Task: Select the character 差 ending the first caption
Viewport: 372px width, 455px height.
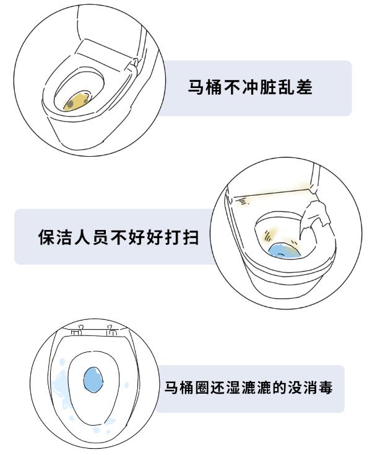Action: pos(304,87)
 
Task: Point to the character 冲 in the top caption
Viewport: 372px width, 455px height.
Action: pos(249,87)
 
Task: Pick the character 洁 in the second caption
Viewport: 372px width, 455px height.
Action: pos(64,237)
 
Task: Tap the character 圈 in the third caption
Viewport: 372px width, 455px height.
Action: pos(201,389)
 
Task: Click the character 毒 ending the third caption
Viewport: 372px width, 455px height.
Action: pos(327,389)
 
